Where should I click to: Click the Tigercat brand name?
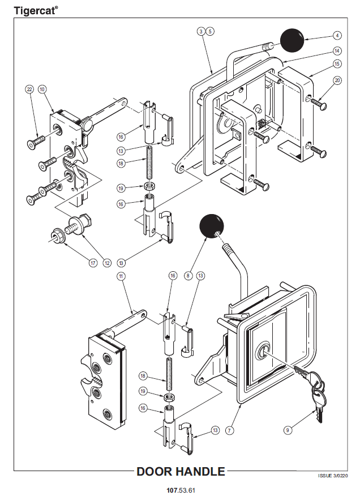point(35,10)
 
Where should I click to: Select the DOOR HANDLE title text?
point(181,471)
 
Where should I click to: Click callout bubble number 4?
point(337,35)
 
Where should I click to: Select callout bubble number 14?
point(337,50)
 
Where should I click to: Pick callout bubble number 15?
point(337,64)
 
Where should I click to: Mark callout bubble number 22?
point(30,89)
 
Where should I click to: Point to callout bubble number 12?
point(107,262)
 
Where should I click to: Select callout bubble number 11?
point(121,276)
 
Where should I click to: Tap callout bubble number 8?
point(188,276)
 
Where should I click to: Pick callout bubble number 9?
point(288,430)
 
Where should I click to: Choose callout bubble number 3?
point(201,31)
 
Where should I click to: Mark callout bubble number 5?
point(209,31)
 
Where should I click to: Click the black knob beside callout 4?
point(292,40)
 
